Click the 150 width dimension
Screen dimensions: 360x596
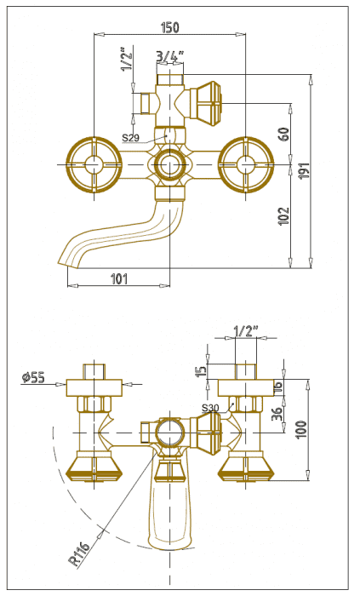point(169,27)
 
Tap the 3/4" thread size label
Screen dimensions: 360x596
point(169,56)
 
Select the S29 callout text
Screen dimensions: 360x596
point(130,138)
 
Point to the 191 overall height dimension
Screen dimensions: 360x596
point(306,170)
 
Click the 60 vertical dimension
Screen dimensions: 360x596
point(284,135)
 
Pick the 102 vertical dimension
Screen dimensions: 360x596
point(284,216)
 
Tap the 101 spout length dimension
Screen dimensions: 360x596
point(119,279)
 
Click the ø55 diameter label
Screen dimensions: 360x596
point(33,377)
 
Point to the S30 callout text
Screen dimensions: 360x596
point(210,408)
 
